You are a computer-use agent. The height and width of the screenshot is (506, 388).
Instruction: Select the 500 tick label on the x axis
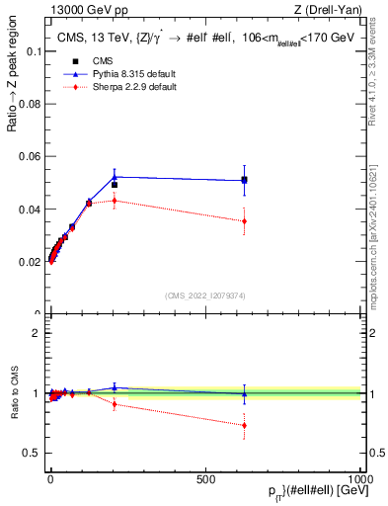(205, 477)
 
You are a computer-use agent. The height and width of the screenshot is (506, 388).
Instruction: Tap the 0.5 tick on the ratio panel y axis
(28, 453)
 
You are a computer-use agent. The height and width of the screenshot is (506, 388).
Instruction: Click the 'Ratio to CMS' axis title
(13, 393)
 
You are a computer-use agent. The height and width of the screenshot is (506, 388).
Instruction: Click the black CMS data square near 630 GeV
(244, 180)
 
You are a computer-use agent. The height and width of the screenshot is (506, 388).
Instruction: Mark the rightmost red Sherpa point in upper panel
(244, 221)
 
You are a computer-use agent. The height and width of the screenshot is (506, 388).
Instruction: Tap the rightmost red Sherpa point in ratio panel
(244, 425)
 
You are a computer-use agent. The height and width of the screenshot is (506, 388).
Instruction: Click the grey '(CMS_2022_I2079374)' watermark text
(204, 295)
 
